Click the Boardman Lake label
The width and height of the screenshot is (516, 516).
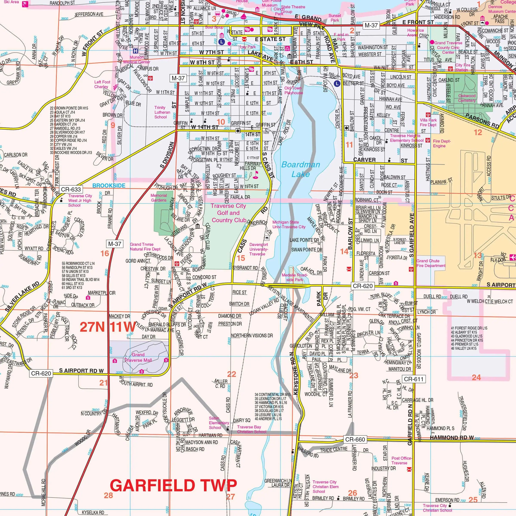coord(301,169)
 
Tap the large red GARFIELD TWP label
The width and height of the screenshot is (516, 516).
coord(173,485)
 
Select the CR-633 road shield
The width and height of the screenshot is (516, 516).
coord(71,189)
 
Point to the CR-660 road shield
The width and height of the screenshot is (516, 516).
coord(355,439)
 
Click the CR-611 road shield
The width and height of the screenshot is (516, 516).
coord(413,379)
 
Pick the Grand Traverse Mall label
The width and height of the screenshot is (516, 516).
coord(138,357)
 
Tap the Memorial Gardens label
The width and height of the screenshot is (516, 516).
coord(159,198)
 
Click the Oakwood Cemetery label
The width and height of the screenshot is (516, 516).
coord(467,98)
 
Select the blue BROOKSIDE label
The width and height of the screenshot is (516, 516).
coord(109,185)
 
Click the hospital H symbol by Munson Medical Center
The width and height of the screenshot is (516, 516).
coord(136,51)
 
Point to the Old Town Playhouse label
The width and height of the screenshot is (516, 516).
coord(293,90)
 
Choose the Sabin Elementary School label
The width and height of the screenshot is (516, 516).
coord(219,423)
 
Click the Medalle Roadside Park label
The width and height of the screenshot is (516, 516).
coord(295,277)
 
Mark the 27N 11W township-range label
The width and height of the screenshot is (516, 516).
coord(108,327)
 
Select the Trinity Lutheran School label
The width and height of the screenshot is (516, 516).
coord(162,112)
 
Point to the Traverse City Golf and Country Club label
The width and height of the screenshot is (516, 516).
coord(228,213)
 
